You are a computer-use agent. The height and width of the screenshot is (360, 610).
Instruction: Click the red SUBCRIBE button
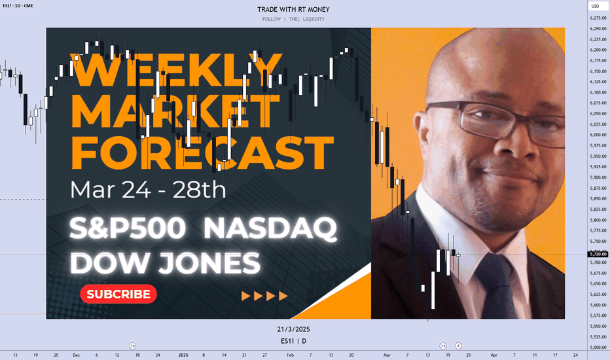pyautogui.click(x=118, y=294)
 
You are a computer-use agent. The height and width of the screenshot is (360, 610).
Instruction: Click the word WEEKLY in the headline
pyautogui.click(x=176, y=70)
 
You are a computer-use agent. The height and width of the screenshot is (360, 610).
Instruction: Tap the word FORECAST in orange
pyautogui.click(x=202, y=153)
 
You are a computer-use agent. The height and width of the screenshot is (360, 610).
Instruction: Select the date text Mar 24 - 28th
pyautogui.click(x=148, y=190)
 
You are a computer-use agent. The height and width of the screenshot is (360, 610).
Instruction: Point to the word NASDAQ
pyautogui.click(x=270, y=228)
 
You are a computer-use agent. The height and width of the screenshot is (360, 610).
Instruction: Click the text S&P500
pyautogui.click(x=128, y=228)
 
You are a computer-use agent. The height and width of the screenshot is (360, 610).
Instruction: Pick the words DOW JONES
pyautogui.click(x=165, y=263)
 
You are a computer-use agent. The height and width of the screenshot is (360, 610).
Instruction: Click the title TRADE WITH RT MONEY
pyautogui.click(x=293, y=9)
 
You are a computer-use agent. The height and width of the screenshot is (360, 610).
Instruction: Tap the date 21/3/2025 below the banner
pyautogui.click(x=293, y=329)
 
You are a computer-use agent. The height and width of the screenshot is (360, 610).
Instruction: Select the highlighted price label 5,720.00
pyautogui.click(x=598, y=254)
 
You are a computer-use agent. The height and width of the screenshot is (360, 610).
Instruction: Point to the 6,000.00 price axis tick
pyautogui.click(x=598, y=135)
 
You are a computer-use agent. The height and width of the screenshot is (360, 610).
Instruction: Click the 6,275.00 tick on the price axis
pyautogui.click(x=598, y=18)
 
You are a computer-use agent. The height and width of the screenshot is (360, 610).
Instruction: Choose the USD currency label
pyautogui.click(x=595, y=6)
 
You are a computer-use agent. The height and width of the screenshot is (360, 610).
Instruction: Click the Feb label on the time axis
pyautogui.click(x=290, y=355)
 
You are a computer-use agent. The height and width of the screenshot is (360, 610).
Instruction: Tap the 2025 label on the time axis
pyautogui.click(x=183, y=355)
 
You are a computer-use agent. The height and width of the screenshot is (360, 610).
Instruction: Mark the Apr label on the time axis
pyautogui.click(x=494, y=355)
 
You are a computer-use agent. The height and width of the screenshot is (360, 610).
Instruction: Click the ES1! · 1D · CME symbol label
pyautogui.click(x=18, y=6)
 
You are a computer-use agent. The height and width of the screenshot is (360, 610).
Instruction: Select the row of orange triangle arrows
pyautogui.click(x=264, y=296)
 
